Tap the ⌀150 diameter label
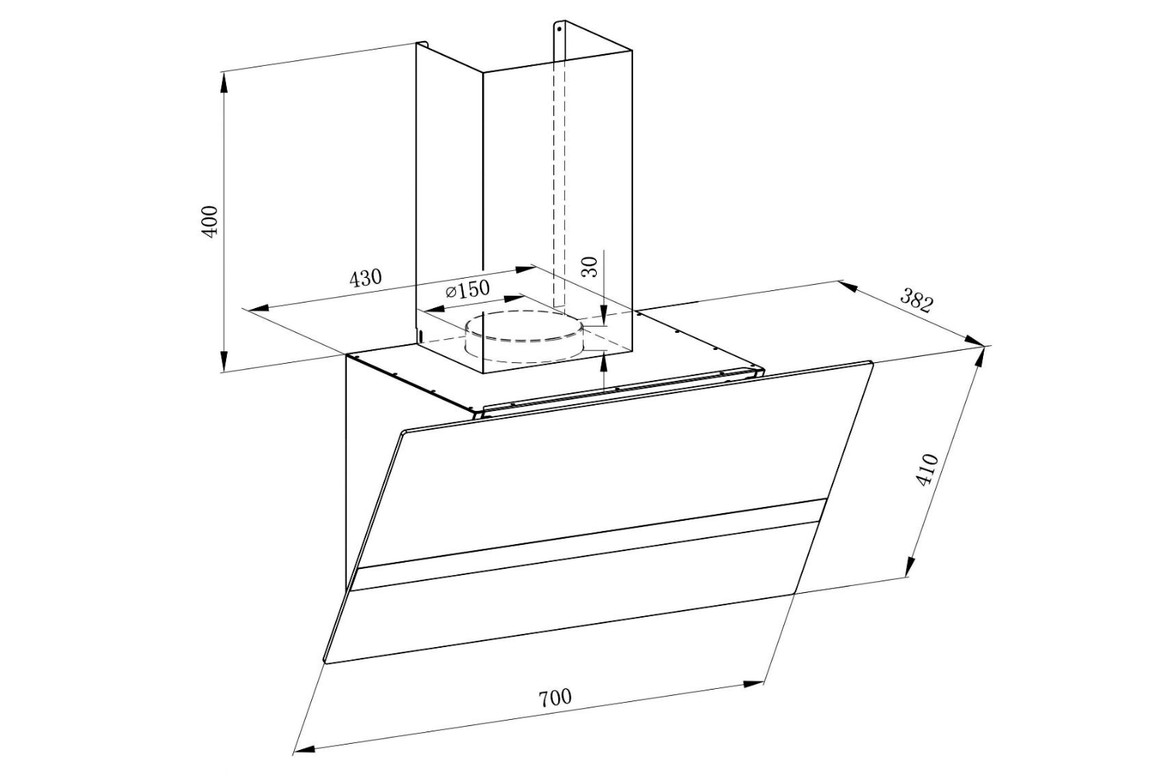pos(467,290)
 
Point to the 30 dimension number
pos(590,266)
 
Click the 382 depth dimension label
pos(916,300)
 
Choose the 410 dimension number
pos(926,470)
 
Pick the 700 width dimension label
pos(555,697)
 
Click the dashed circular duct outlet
pos(525,336)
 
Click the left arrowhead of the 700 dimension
pos(303,748)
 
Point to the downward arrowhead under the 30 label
pos(604,313)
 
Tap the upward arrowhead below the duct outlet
pos(604,358)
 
